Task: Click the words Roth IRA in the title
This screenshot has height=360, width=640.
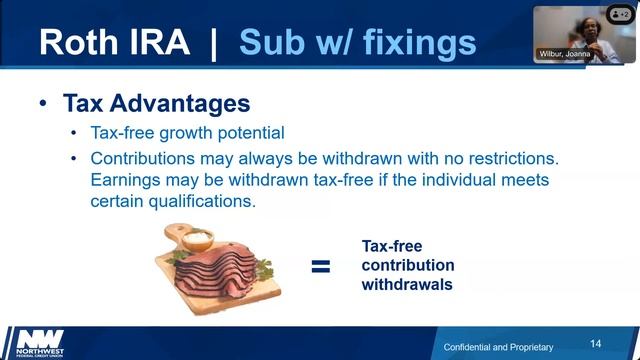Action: click(111, 43)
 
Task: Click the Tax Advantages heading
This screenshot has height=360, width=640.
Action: click(156, 104)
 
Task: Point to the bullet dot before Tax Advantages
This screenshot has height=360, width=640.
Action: click(42, 105)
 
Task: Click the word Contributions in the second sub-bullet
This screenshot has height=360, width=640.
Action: click(143, 158)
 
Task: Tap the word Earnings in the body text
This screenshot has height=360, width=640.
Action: click(126, 180)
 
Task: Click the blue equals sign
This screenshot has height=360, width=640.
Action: click(320, 266)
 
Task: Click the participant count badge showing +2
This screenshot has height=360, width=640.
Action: click(619, 16)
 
